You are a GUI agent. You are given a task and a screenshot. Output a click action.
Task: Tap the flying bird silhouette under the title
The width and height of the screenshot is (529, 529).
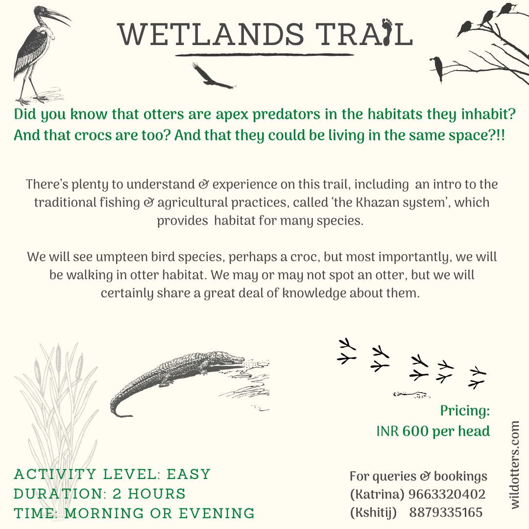(x=213, y=76)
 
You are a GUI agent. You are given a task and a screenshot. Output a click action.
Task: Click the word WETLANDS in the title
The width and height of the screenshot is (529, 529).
(x=211, y=34)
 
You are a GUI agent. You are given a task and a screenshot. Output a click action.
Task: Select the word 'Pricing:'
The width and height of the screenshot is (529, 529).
(x=465, y=410)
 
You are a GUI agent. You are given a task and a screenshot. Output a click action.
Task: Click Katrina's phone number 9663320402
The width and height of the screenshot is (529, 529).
(x=447, y=494)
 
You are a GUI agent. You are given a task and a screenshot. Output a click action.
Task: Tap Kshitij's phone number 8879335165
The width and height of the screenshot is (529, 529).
(x=446, y=512)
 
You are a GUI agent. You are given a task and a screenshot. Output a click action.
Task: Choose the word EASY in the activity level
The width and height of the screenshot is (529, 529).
(x=189, y=474)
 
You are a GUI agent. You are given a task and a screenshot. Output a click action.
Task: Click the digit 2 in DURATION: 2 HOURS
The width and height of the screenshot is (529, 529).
(x=117, y=494)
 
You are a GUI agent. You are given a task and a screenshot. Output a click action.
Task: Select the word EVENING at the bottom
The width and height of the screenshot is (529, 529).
(x=216, y=513)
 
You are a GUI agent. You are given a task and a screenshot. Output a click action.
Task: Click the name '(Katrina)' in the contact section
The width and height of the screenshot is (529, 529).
(x=377, y=495)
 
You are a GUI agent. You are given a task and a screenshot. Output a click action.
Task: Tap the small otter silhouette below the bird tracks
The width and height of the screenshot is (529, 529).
(x=411, y=394)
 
